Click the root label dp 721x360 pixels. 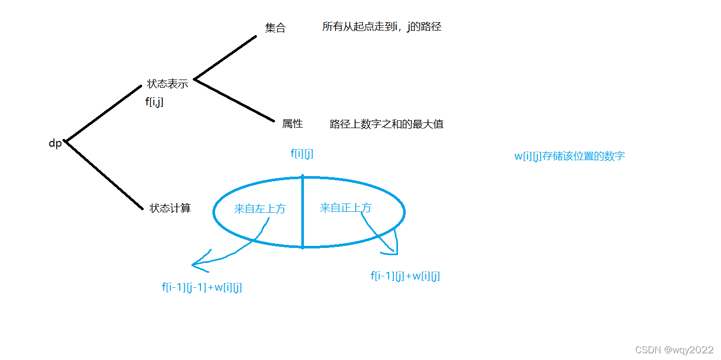coord(55,144)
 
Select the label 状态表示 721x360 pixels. coord(167,84)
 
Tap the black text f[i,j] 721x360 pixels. coord(155,102)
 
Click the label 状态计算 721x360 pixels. coord(170,208)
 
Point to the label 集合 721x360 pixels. coord(275,28)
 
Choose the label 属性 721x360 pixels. coord(293,124)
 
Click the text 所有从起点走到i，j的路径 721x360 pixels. coord(381,27)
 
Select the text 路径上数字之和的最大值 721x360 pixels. coord(387,124)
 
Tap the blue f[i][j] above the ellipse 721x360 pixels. coord(302,153)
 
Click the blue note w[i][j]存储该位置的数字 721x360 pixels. coord(569,156)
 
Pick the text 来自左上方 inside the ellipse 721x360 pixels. coord(259,209)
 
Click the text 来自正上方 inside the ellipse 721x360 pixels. coord(345,208)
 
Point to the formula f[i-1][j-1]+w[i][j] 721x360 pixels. coord(202,288)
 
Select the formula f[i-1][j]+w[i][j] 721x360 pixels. coord(405,276)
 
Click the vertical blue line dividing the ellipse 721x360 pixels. coord(302,212)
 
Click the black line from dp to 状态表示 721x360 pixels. coord(103,113)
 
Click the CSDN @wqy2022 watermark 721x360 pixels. coord(675,350)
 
